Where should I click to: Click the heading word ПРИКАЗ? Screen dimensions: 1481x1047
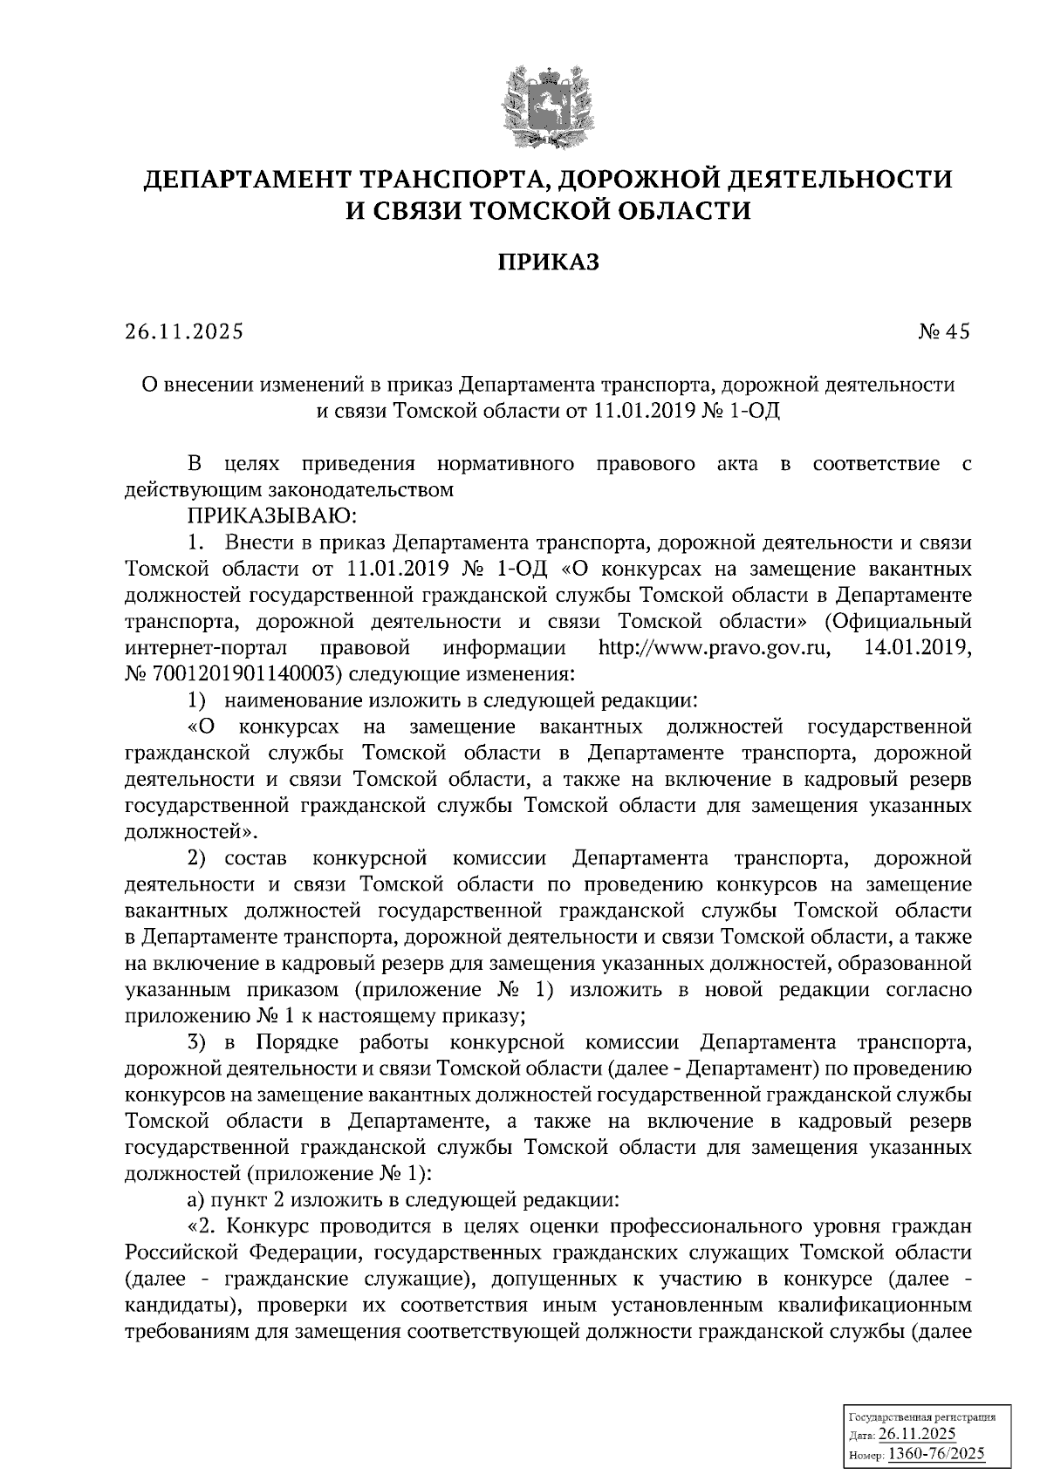[549, 262]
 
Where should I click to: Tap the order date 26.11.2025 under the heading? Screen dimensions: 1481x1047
[184, 331]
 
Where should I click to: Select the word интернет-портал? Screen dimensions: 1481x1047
[193, 649]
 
